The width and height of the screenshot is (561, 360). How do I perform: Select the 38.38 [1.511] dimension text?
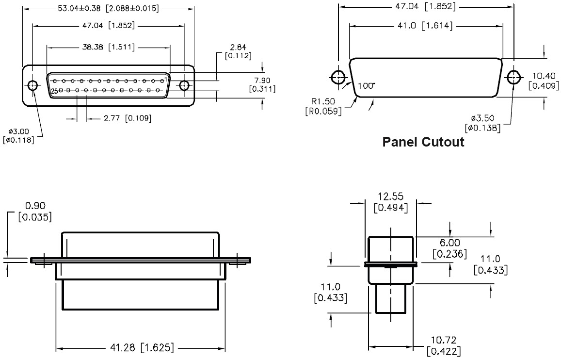pyautogui.click(x=108, y=47)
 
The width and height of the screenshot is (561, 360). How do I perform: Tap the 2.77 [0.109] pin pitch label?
pyautogui.click(x=128, y=118)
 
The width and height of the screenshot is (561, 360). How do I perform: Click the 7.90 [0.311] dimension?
pyautogui.click(x=262, y=84)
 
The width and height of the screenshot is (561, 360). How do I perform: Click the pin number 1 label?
pyautogui.click(x=166, y=79)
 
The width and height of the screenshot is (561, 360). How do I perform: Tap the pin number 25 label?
pyautogui.click(x=54, y=91)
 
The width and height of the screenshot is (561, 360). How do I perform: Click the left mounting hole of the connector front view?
pyautogui.click(x=32, y=85)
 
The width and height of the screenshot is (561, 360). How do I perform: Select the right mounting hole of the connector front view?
pyautogui.click(x=184, y=85)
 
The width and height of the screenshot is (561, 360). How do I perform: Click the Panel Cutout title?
pyautogui.click(x=423, y=142)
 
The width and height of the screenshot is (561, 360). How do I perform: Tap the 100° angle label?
pyautogui.click(x=367, y=86)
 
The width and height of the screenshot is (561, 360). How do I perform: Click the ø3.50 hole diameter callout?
pyautogui.click(x=482, y=123)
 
